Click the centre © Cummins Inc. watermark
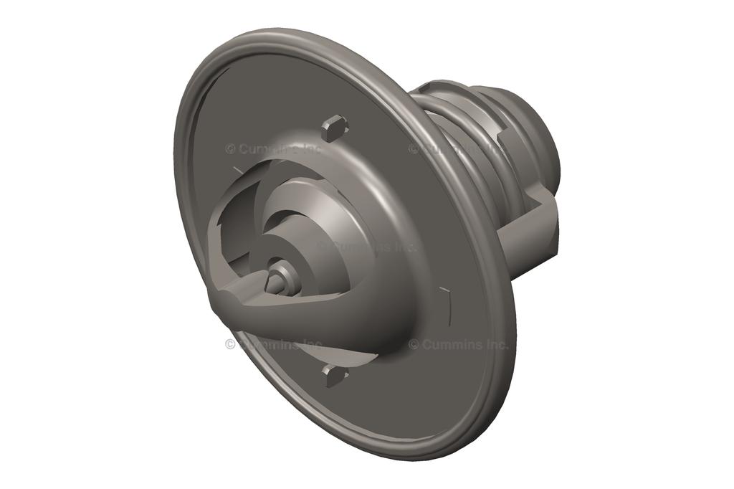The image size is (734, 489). coord(366,246)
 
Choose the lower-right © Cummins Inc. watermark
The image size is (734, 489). coord(459,344)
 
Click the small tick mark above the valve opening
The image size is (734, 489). coord(236,169)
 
